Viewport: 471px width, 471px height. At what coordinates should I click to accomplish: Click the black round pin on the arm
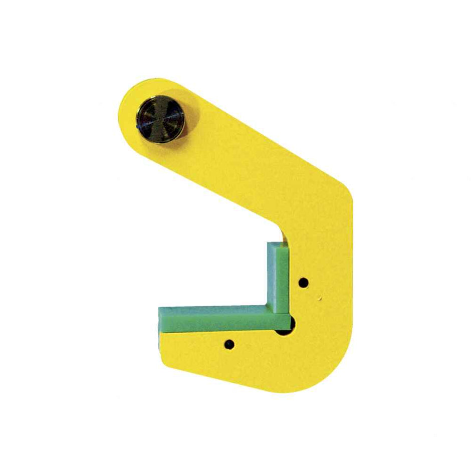(x=161, y=119)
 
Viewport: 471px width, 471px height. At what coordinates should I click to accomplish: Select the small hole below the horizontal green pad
(x=229, y=344)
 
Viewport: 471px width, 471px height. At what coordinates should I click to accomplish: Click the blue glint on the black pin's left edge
(x=138, y=127)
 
